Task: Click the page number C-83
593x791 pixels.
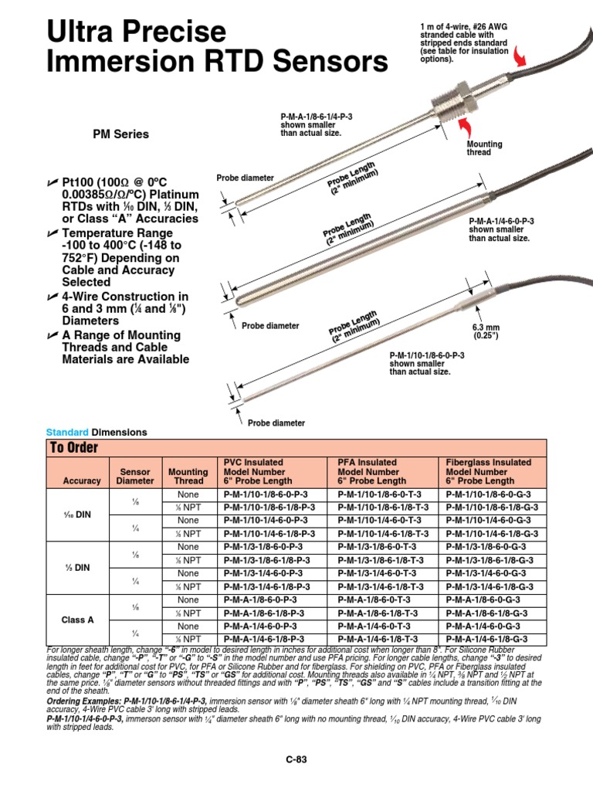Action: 296,759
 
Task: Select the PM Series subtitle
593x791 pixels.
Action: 120,134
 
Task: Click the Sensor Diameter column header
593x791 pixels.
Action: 135,476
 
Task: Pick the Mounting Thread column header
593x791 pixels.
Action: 188,476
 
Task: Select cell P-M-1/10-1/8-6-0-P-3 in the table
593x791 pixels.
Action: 266,494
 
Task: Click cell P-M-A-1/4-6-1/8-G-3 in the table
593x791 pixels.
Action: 487,639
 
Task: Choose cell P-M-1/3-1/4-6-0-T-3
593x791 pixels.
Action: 378,573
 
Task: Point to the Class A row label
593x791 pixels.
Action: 78,620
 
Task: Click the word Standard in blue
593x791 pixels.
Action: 67,433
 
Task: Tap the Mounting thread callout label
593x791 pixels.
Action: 484,149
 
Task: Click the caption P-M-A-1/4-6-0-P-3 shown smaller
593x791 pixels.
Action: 501,229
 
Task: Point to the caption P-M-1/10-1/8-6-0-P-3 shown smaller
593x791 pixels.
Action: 426,363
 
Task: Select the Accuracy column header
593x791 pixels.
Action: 82,480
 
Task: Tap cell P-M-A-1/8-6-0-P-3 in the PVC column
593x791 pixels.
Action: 262,599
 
